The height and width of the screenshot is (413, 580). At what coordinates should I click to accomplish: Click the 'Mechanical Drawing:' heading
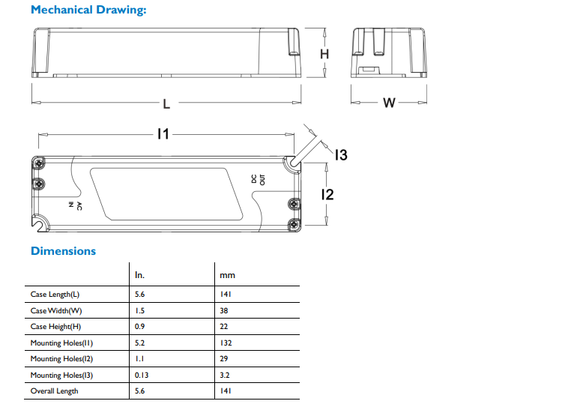pos(88,10)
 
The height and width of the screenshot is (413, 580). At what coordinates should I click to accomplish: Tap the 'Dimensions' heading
pos(63,251)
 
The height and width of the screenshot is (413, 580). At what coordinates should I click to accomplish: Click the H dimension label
pos(324,54)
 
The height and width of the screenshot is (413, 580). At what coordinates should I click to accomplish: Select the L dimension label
pos(166,103)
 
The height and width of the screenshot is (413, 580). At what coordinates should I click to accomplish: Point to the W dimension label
pos(389,103)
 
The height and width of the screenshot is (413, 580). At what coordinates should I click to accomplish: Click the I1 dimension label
pos(163,133)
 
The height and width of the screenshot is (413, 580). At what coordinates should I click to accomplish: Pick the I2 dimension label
pos(327,194)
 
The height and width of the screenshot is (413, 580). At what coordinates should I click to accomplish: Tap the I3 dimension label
pos(341,155)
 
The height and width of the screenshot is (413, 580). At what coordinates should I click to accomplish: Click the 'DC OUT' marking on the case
pos(259,179)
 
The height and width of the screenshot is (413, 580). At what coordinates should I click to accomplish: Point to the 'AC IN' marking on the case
pos(75,206)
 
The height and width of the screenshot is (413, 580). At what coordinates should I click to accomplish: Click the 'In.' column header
pos(139,275)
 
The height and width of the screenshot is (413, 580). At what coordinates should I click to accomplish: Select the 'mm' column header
pos(227,275)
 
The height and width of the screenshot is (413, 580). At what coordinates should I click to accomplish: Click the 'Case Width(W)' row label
pos(56,310)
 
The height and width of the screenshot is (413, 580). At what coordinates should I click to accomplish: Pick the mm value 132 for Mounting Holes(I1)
pos(226,343)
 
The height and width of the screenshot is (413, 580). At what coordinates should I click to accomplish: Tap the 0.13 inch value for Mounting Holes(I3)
pos(142,375)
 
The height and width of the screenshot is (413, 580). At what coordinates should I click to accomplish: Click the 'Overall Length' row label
pos(55,391)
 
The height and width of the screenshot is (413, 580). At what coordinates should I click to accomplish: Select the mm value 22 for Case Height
pos(224,326)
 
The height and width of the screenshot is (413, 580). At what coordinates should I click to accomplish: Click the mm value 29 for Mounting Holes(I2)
pos(224,358)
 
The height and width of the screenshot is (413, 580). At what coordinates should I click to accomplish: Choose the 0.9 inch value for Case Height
pos(139,326)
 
